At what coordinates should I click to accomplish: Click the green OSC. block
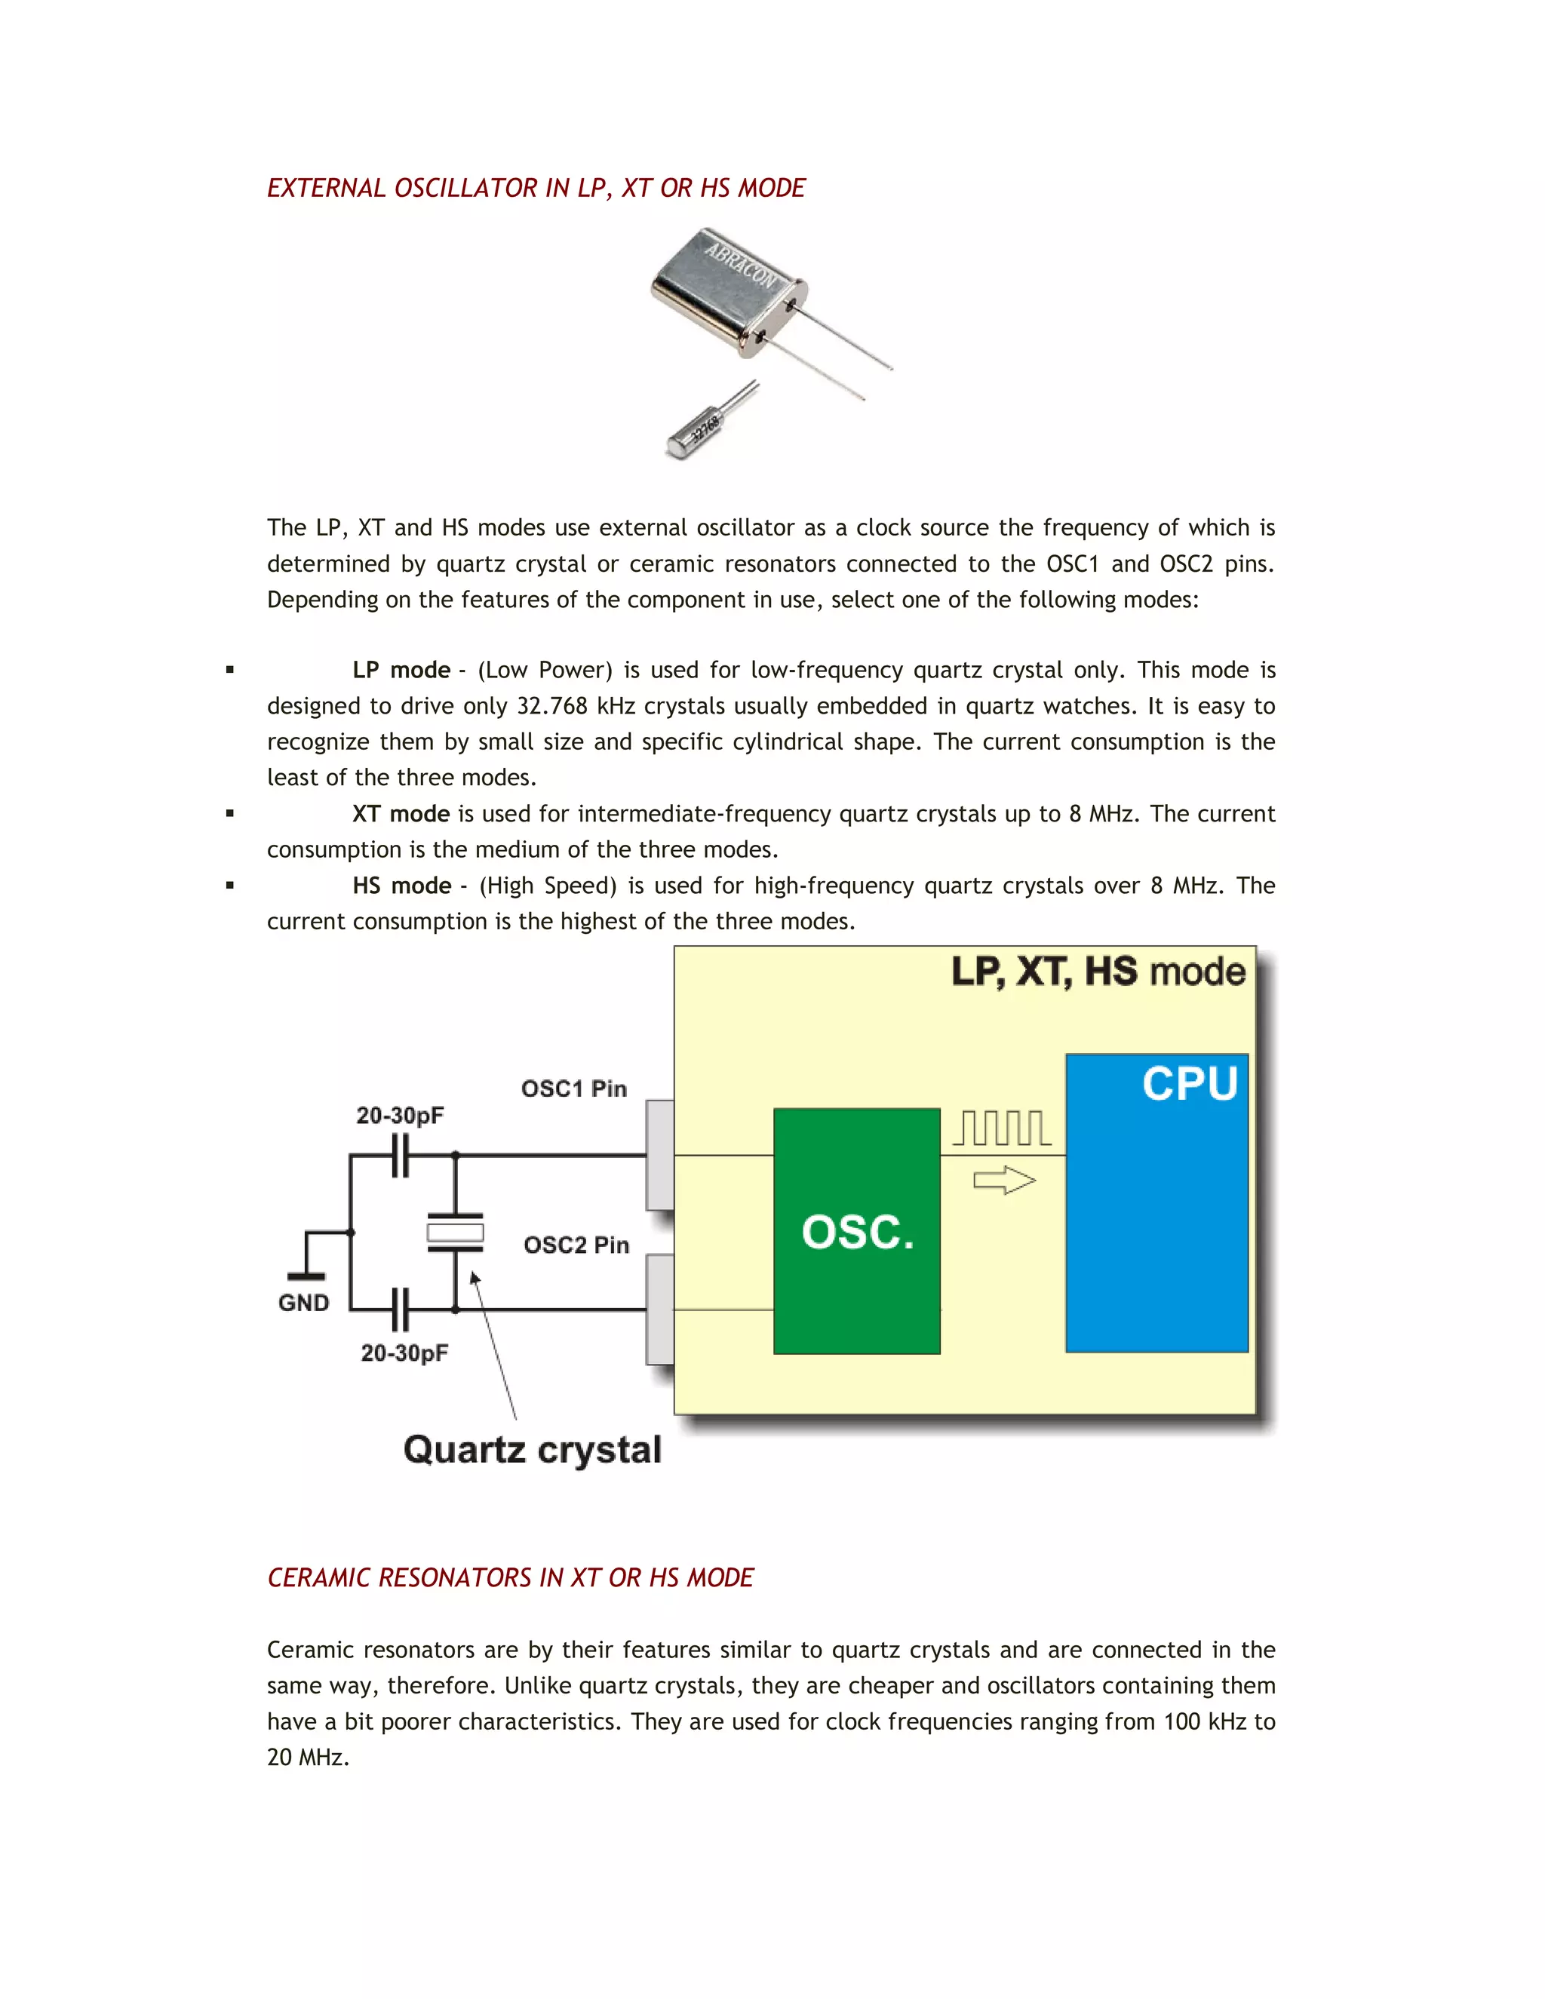coord(857,1230)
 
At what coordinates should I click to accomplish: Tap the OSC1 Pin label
coord(574,1089)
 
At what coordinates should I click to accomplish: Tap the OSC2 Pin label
coord(576,1245)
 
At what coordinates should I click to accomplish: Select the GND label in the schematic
coord(304,1303)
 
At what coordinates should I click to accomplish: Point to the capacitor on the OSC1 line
coord(400,1155)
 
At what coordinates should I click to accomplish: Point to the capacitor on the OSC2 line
coord(400,1310)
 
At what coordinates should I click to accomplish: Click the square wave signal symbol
coord(1003,1128)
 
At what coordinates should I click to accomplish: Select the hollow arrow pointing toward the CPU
coord(1004,1181)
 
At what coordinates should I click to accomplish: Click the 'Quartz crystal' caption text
coord(532,1450)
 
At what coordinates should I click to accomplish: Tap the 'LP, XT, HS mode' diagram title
coord(1098,972)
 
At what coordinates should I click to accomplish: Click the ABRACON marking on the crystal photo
coord(739,262)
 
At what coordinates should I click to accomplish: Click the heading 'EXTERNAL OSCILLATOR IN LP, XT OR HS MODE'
coord(536,188)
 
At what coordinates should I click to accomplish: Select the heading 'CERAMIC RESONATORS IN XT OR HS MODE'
coord(510,1577)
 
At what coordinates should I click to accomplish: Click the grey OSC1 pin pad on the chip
coord(660,1155)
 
